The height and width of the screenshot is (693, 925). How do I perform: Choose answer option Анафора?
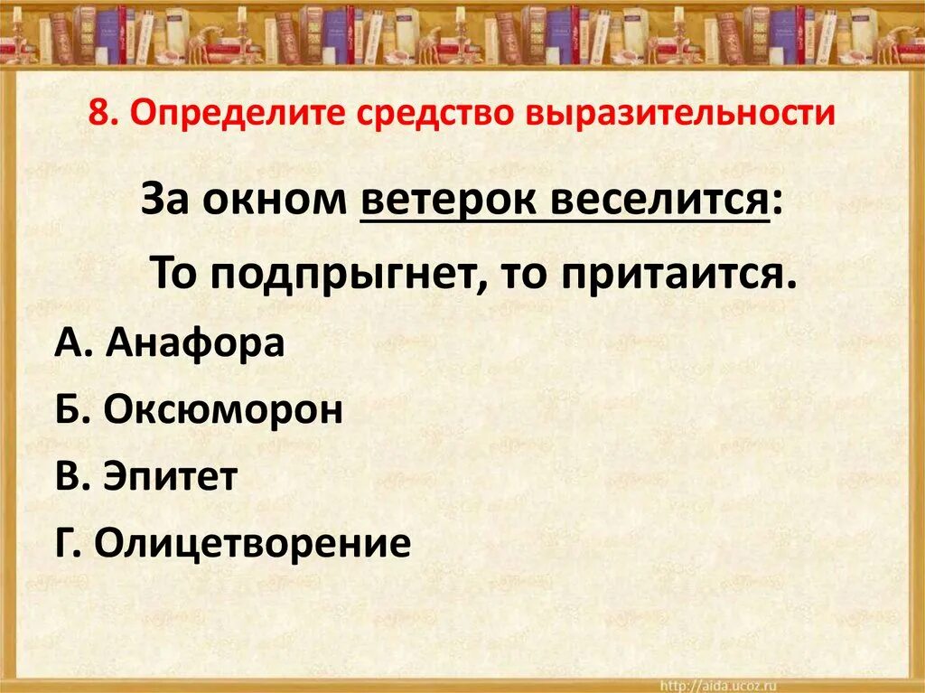(x=194, y=343)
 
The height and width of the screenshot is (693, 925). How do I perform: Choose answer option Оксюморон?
(x=222, y=410)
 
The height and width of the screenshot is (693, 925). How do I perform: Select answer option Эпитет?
(x=170, y=477)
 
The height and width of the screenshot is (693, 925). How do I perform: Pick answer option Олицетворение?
(x=252, y=544)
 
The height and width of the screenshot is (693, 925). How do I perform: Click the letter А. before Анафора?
(x=70, y=343)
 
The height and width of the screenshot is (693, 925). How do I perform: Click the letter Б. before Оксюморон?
(x=70, y=410)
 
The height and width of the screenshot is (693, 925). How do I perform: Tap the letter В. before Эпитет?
(x=70, y=477)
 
